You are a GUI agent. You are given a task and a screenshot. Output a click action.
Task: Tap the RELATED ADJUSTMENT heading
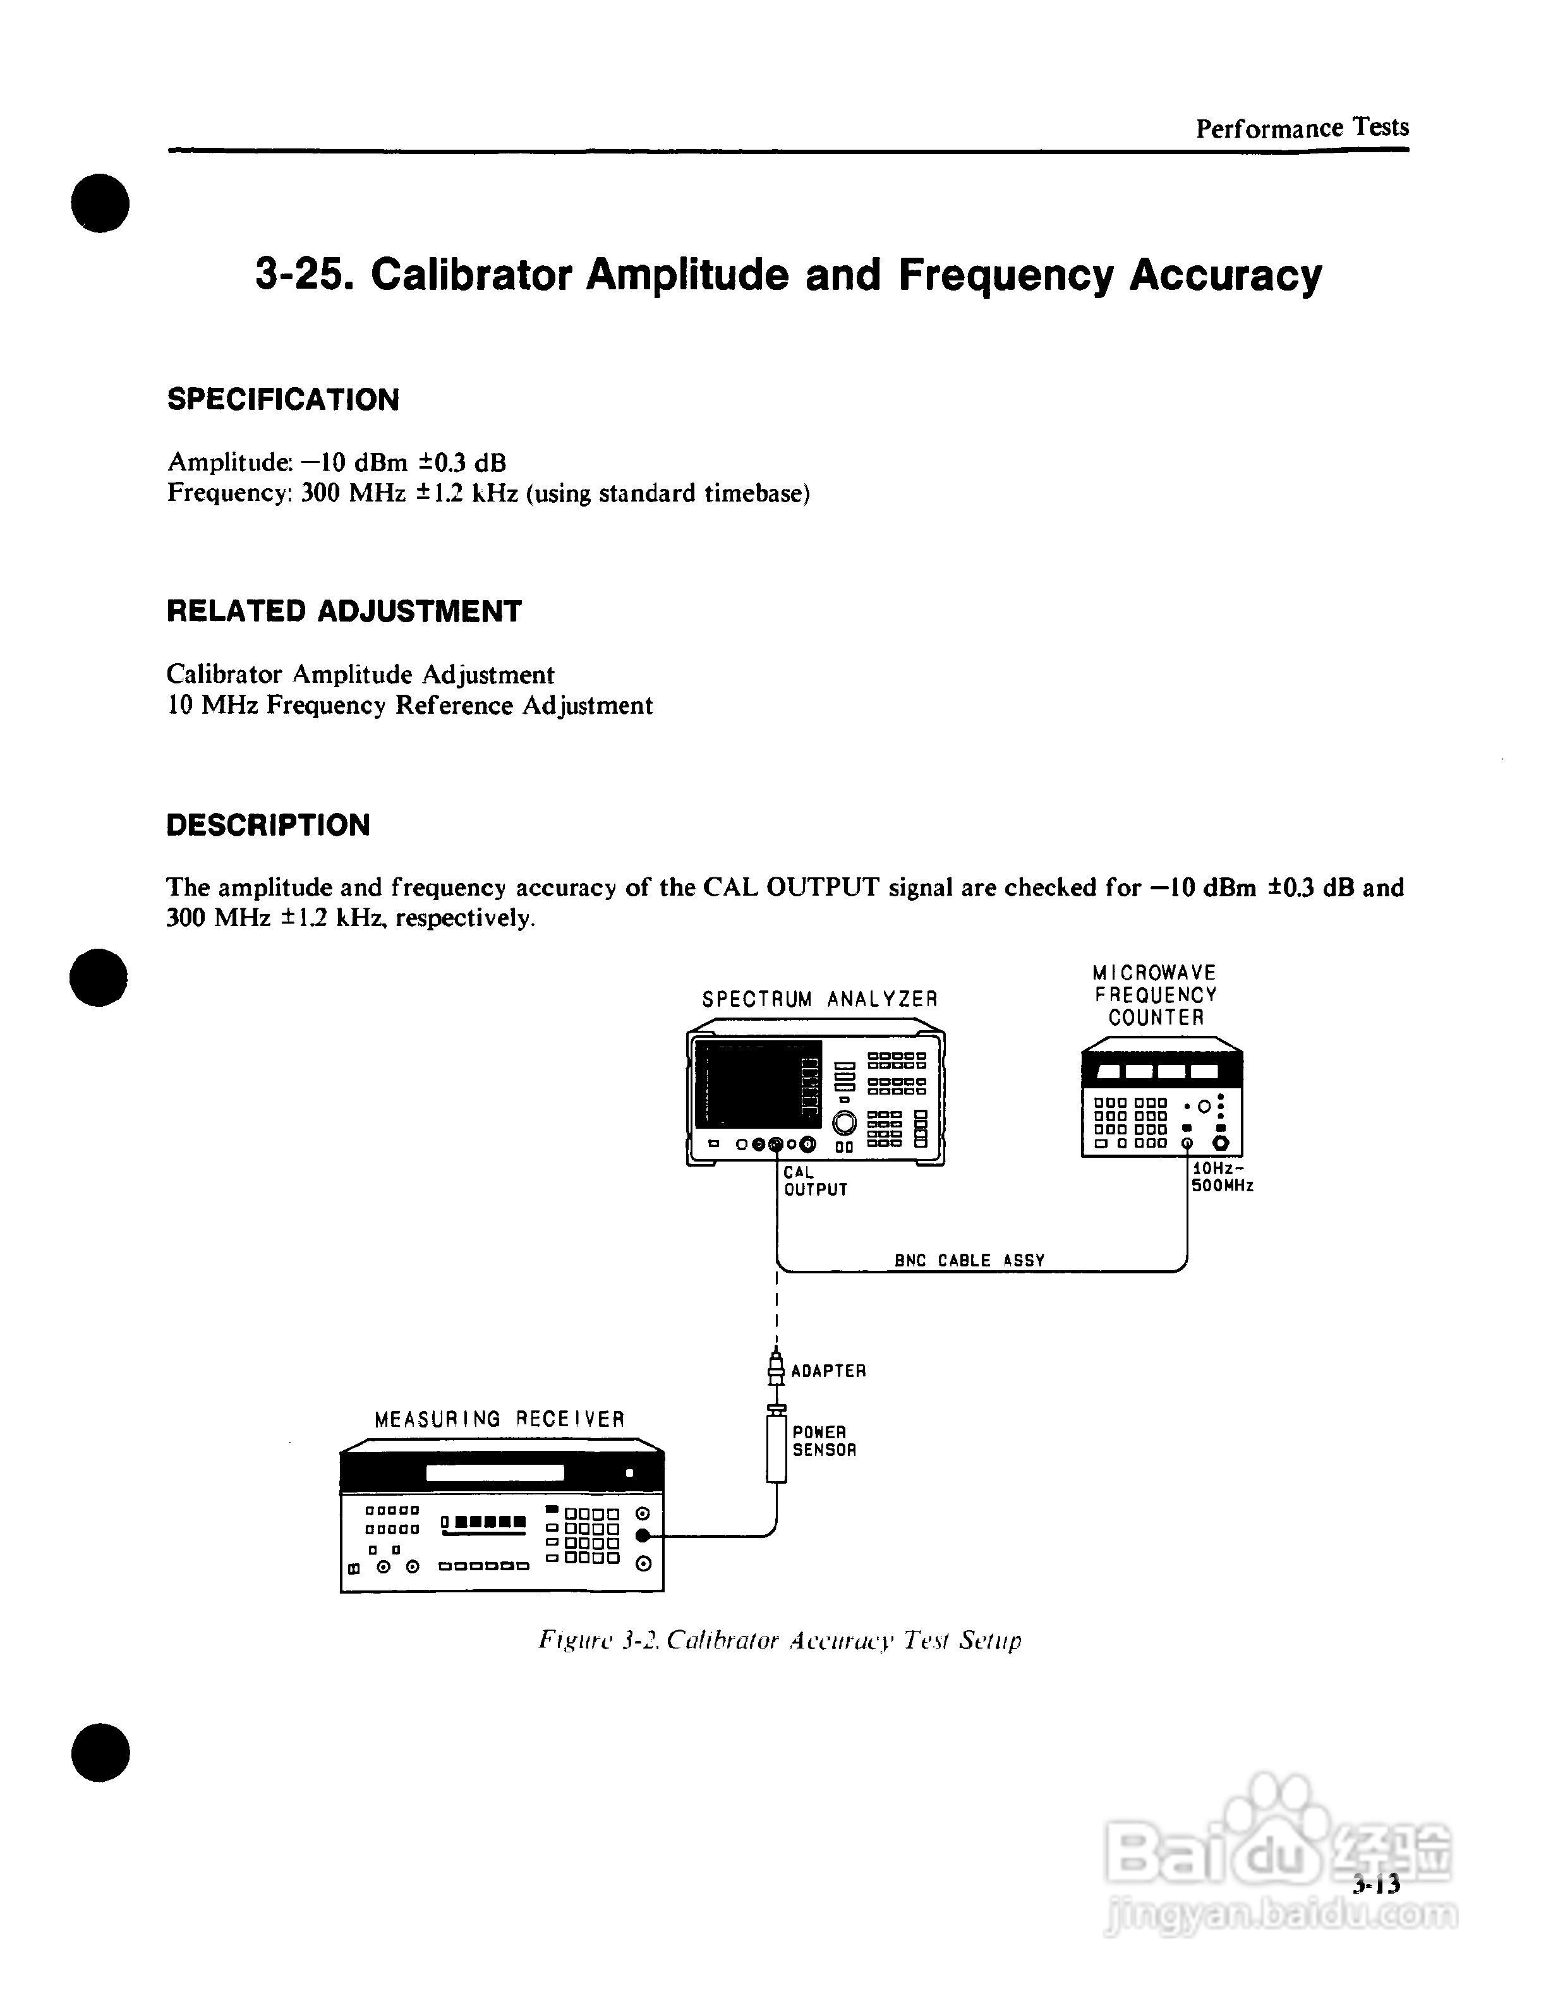tap(344, 611)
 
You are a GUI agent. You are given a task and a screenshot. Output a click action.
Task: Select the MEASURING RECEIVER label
tap(499, 1419)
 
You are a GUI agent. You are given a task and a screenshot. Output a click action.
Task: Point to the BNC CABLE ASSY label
tap(969, 1261)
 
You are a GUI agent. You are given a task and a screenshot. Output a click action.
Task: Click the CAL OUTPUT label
tap(814, 1181)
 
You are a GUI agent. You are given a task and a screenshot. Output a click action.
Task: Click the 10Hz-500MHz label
tap(1221, 1177)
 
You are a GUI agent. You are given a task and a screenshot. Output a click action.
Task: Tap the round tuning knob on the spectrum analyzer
tap(844, 1122)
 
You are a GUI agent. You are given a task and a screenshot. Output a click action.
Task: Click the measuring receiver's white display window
tap(495, 1473)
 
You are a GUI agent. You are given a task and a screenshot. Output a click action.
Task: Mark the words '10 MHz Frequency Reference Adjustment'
tap(409, 706)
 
